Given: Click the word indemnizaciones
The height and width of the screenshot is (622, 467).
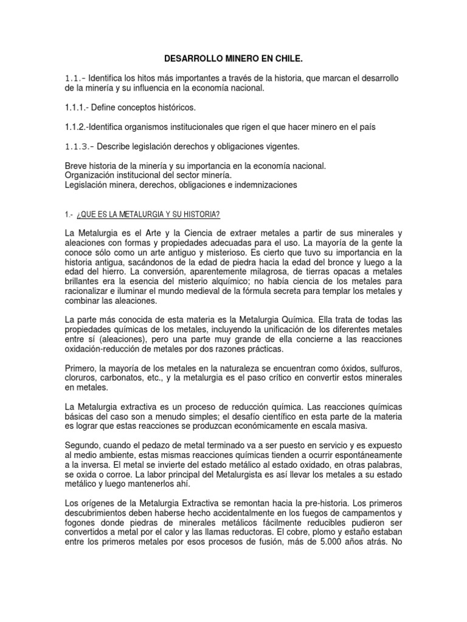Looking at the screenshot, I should (267, 185).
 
